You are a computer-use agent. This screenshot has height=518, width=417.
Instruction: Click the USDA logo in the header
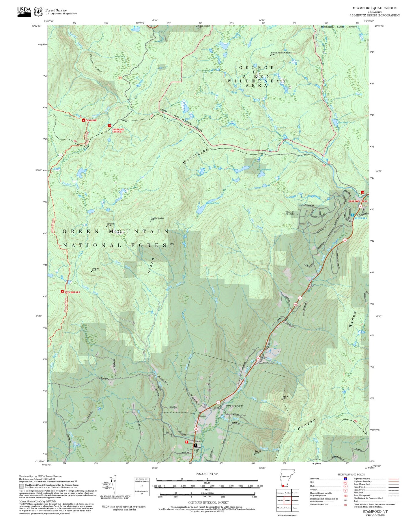(24, 12)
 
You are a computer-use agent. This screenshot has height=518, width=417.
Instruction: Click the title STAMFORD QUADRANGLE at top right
(374, 8)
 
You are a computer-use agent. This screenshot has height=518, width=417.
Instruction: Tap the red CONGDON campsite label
(91, 120)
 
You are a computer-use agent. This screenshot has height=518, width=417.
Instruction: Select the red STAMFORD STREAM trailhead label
(118, 131)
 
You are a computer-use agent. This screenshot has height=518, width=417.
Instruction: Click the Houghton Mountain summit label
(157, 218)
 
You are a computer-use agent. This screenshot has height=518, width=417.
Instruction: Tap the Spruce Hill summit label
(111, 224)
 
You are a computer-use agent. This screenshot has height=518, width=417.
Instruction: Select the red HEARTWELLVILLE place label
(358, 201)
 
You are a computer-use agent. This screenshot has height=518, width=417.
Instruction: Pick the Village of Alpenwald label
(289, 213)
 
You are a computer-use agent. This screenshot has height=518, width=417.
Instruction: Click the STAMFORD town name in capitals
(234, 406)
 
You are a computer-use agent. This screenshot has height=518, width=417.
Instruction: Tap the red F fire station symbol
(187, 442)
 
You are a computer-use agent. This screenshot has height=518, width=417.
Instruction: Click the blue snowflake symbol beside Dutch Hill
(352, 215)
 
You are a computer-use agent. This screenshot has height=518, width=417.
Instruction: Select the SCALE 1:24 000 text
(207, 474)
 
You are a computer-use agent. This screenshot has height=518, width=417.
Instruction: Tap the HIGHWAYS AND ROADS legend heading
(351, 474)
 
